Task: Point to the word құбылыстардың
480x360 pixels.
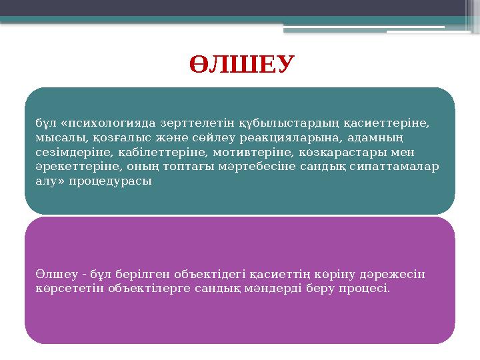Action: (x=249, y=123)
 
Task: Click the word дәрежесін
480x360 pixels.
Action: (x=399, y=275)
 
